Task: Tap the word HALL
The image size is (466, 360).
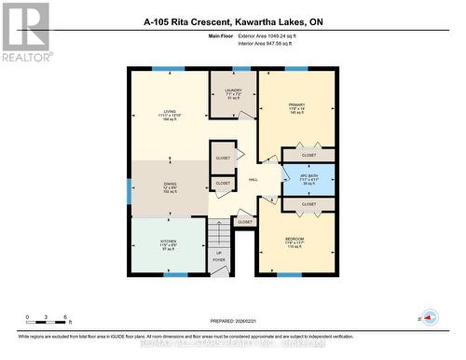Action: click(254, 182)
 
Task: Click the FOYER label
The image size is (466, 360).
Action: click(219, 260)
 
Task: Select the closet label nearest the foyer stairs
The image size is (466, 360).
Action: click(245, 222)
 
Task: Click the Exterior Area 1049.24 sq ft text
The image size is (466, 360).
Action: click(278, 35)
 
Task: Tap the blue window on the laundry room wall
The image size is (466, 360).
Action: click(232, 68)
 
